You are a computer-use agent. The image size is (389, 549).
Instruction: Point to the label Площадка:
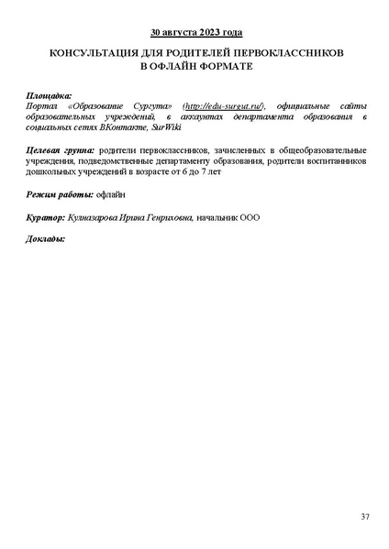(50, 95)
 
